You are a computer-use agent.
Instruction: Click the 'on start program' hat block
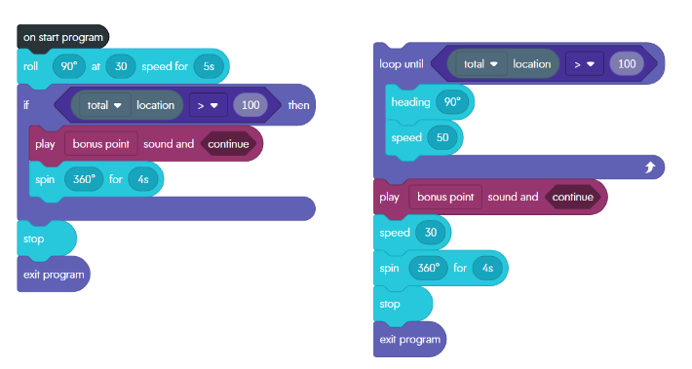(x=62, y=37)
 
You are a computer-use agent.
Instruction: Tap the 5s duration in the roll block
(x=210, y=66)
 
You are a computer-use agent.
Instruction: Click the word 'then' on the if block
(x=299, y=104)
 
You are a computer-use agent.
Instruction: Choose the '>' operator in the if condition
(x=207, y=104)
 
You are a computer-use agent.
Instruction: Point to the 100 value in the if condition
(x=250, y=104)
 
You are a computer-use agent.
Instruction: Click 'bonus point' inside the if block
(x=101, y=143)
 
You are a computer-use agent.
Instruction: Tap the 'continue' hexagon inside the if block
(x=228, y=143)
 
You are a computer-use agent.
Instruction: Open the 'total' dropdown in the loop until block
(x=481, y=64)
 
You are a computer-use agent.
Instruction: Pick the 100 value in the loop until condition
(x=626, y=64)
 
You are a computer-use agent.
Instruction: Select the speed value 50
(x=442, y=137)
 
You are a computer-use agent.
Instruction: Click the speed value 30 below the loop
(x=429, y=232)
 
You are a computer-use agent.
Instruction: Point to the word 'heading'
(x=409, y=101)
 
